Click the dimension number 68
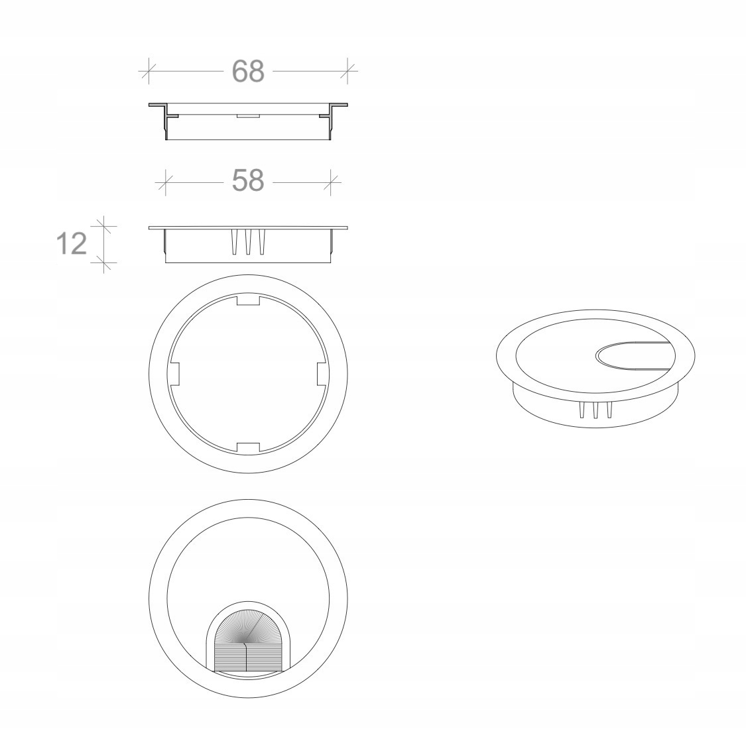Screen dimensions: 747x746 (248, 71)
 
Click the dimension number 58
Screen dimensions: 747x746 (248, 180)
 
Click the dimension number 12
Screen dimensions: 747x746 (71, 245)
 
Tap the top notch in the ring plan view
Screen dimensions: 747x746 (247, 301)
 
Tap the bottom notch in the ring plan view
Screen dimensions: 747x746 (247, 447)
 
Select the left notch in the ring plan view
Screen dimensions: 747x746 (176, 373)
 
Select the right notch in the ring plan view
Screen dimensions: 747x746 (321, 373)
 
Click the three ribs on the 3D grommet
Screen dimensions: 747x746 (595, 410)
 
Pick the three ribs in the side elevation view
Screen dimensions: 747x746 (248, 242)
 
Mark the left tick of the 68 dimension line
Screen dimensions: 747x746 (149, 71)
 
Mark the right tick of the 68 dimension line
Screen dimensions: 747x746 (348, 71)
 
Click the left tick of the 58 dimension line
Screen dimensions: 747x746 (165, 180)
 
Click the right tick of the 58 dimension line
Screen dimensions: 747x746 (331, 180)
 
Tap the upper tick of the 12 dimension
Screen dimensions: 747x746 (104, 227)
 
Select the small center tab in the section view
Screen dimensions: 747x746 (247, 115)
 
